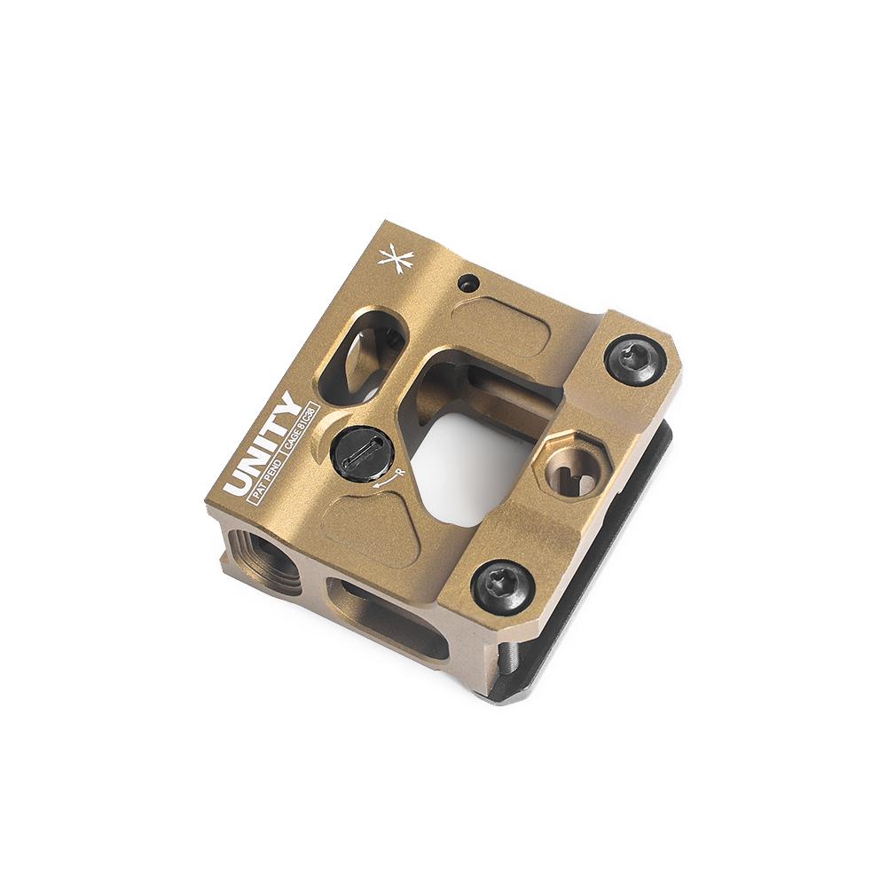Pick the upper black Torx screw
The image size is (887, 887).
pyautogui.click(x=635, y=358)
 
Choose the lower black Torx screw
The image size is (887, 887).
pyautogui.click(x=503, y=585)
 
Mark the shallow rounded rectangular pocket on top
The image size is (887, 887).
pyautogui.click(x=501, y=325)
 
